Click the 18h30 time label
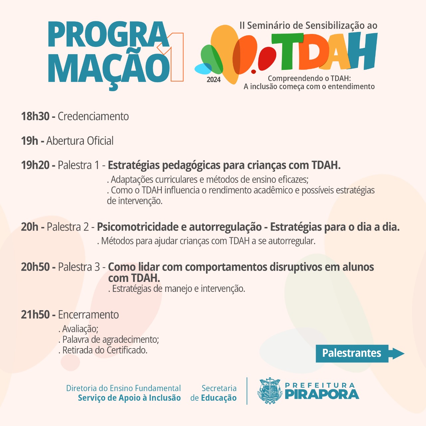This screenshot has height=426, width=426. click(35, 116)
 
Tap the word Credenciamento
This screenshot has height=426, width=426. click(93, 116)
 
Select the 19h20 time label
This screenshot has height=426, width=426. click(35, 165)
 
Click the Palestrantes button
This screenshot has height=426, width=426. click(360, 353)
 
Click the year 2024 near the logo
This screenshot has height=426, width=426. click(214, 80)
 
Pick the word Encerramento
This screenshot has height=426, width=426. click(88, 315)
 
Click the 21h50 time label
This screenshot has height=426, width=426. click(35, 315)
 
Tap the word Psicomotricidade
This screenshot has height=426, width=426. click(137, 227)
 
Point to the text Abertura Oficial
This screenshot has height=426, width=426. click(80, 141)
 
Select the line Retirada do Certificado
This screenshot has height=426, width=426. click(103, 350)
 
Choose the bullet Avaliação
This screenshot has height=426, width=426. click(78, 329)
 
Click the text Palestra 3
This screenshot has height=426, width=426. click(79, 267)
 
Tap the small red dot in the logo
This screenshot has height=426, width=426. click(254, 72)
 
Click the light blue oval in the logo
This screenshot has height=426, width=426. click(203, 69)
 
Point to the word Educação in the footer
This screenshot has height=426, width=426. click(219, 398)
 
